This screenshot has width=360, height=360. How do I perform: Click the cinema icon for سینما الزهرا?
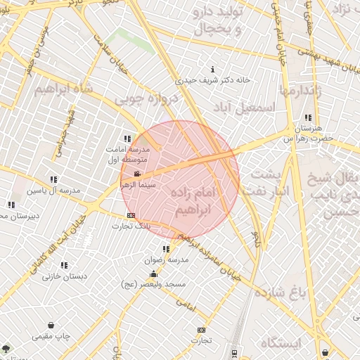pos(136,173)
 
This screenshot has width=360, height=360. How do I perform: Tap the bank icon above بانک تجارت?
pos(131,215)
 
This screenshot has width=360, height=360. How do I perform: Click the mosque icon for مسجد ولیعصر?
pos(153,274)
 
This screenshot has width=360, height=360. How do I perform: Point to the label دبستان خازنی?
pos(65,276)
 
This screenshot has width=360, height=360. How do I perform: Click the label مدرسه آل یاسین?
pos(53,191)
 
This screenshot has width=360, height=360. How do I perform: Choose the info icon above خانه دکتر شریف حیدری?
pos(213,69)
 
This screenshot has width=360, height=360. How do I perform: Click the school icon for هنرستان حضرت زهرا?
pos(307,117)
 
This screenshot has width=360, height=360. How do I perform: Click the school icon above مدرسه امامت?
pos(127,139)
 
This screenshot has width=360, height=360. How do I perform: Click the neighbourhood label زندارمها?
pos(304,89)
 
